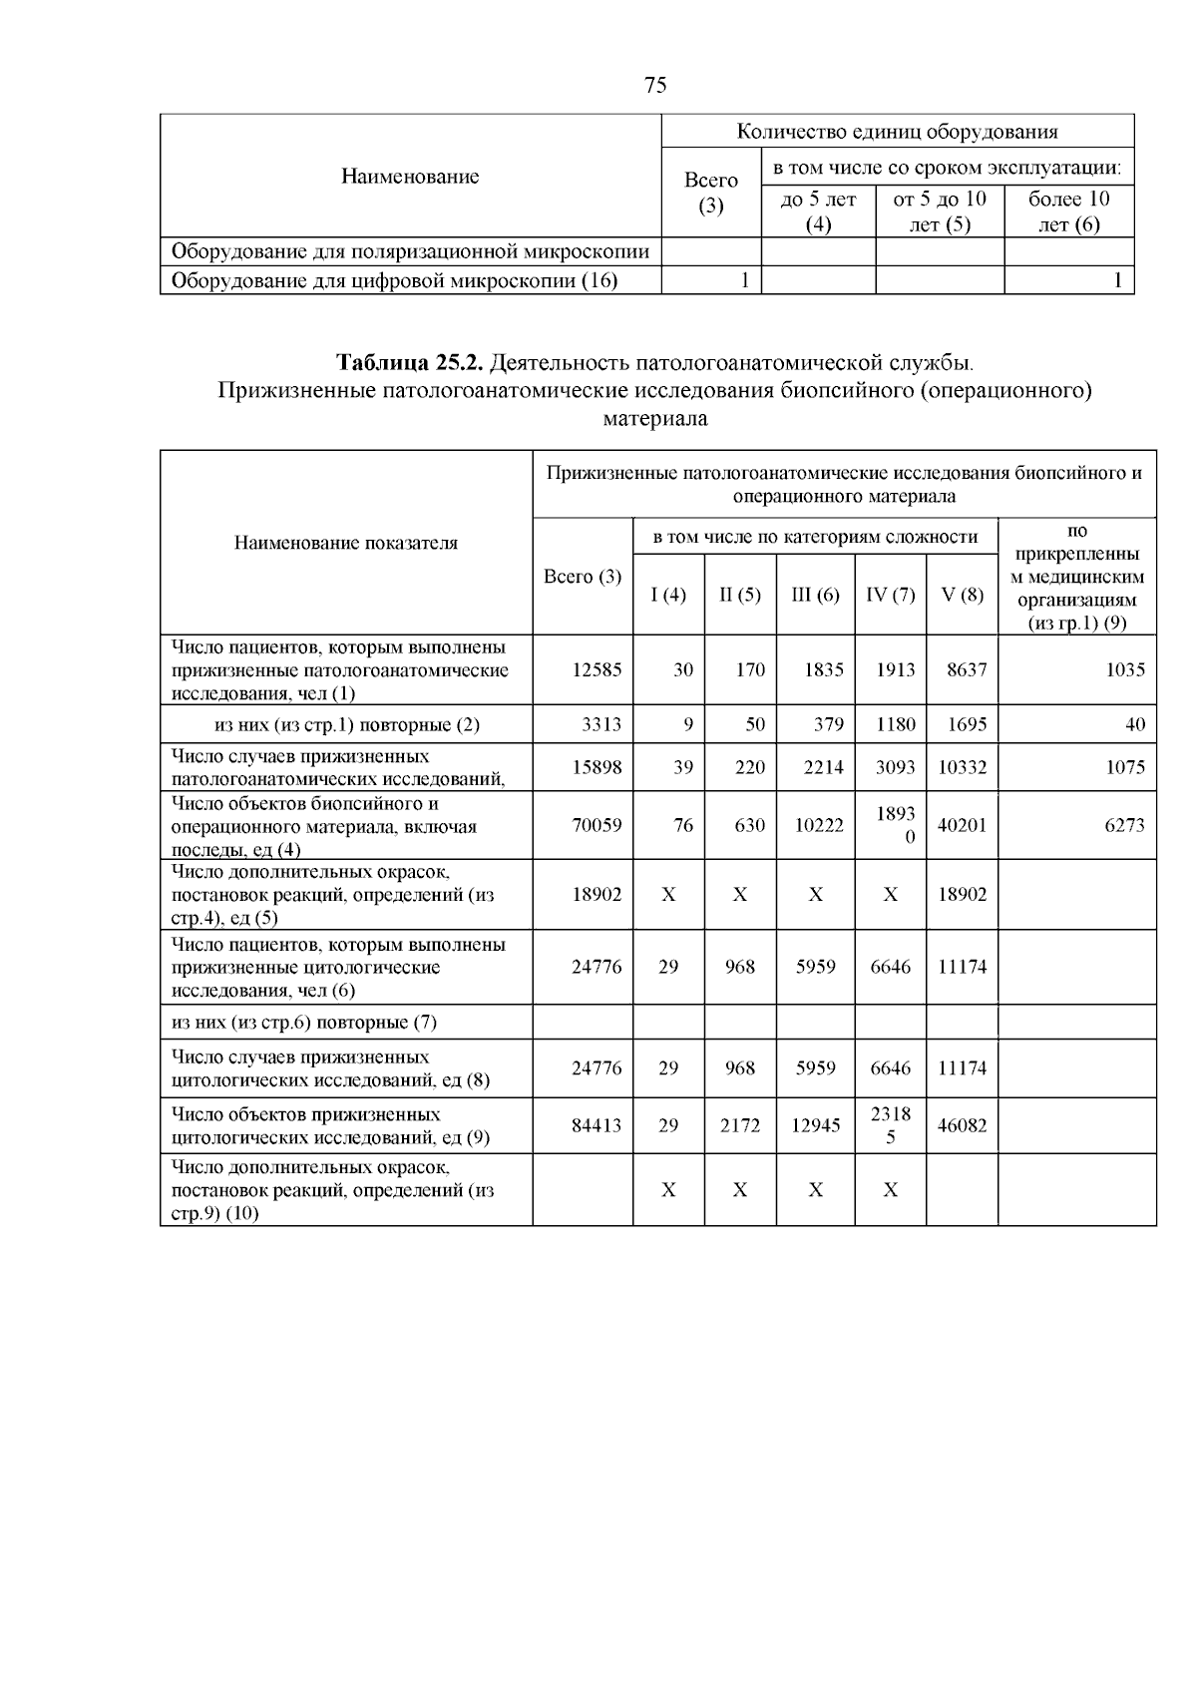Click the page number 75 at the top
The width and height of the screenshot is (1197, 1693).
655,85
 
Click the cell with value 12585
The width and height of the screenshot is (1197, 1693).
596,670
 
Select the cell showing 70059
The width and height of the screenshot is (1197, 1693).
596,825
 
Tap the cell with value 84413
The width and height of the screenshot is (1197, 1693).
596,1125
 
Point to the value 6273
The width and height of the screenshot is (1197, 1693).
1124,825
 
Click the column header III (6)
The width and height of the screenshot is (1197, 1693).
815,596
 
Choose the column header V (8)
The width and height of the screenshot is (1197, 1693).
962,596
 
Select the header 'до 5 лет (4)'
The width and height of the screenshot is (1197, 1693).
818,212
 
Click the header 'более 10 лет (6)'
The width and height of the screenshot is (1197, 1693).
1068,212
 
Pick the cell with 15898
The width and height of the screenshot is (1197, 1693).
596,767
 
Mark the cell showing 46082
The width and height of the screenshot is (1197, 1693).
962,1125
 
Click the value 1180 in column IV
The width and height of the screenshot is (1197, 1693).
895,724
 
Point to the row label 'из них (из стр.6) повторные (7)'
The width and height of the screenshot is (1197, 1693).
304,1023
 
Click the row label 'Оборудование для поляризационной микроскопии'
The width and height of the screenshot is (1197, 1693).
410,251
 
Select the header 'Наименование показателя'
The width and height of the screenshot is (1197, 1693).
346,543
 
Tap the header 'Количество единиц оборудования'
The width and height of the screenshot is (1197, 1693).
897,132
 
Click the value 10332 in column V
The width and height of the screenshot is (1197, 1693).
962,767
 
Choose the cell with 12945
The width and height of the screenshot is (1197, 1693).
815,1125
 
